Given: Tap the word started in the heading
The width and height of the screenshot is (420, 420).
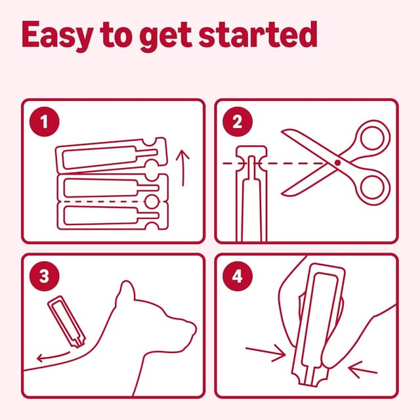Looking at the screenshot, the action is (258, 35).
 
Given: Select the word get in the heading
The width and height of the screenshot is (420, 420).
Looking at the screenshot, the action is (165, 37).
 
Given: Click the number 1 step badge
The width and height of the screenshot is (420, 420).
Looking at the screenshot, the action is (45, 121).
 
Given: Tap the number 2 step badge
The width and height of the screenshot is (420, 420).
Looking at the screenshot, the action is (238, 121).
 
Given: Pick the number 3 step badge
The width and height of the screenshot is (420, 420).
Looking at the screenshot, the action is (45, 276).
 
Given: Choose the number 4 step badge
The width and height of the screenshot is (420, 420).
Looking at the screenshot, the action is (238, 276).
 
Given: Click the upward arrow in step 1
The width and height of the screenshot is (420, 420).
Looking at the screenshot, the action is (182, 168).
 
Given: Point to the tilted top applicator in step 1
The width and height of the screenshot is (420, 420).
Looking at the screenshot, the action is (112, 156).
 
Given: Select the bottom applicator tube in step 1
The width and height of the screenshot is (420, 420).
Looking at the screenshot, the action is (113, 216).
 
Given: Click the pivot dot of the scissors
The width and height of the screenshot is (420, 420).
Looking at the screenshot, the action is (338, 163).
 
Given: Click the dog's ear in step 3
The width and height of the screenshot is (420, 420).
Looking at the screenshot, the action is (125, 293).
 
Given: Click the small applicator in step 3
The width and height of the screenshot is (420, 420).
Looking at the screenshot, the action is (67, 322).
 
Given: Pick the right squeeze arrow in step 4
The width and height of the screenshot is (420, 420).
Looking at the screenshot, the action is (363, 369).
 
